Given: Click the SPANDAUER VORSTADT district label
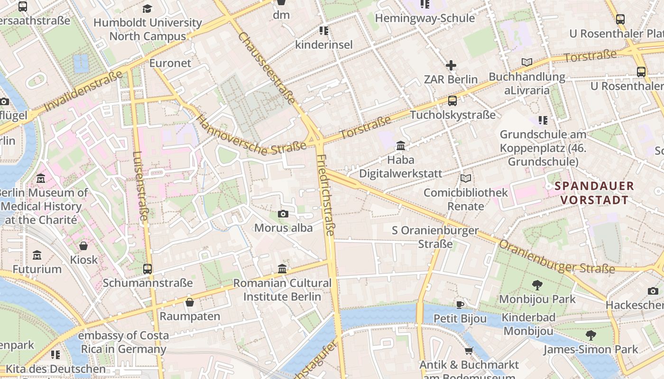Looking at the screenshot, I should tap(594, 193).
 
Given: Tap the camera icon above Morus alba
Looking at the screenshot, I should tap(283, 214).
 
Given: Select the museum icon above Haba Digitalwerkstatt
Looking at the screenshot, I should tap(401, 145).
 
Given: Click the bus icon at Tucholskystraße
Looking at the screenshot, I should tap(452, 101).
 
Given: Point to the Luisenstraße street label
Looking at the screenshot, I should tap(141, 186).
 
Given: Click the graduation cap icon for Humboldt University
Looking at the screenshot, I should tap(148, 9).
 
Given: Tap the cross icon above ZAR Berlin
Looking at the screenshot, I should tap(451, 65).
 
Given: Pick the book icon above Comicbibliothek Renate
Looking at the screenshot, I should tap(466, 179).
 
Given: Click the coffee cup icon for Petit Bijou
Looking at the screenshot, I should tap(460, 305).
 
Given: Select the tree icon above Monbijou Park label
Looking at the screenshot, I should tap(537, 285).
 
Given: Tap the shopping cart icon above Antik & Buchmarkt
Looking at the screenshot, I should tap(469, 351).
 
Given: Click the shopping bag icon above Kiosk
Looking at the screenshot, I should tap(83, 246).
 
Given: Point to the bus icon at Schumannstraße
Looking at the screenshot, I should tap(148, 269).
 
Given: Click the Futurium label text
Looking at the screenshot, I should tap(37, 269).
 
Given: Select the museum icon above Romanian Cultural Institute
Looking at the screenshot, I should tap(282, 269).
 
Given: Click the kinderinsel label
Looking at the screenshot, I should tap(324, 45).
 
